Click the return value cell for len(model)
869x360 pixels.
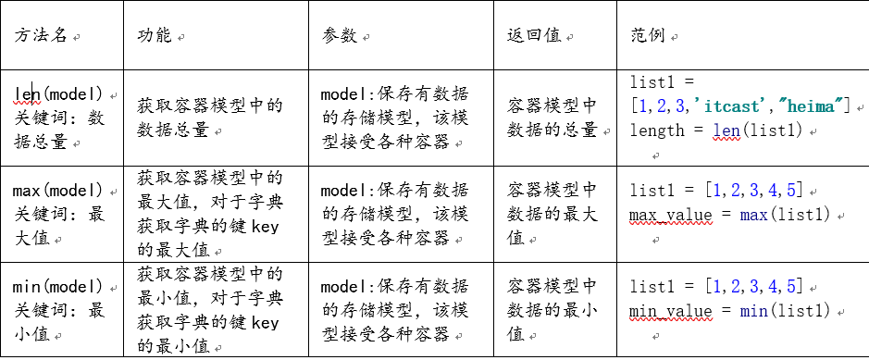point(552,118)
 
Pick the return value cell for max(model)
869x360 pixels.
point(552,214)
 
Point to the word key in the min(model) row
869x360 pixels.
point(265,322)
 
